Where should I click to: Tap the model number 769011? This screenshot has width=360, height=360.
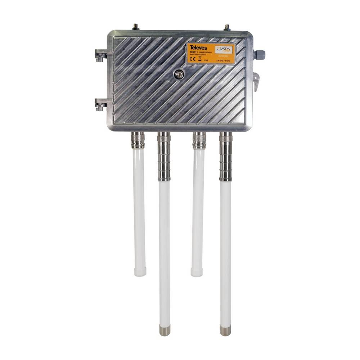(193, 53)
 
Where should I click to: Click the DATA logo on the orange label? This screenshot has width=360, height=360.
(224, 50)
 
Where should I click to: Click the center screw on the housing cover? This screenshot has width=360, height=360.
(178, 75)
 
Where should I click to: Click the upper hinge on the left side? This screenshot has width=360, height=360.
(100, 55)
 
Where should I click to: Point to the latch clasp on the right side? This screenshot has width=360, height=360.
(256, 81)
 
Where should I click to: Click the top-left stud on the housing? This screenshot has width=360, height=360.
(136, 27)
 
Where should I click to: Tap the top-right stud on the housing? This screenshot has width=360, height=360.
(227, 27)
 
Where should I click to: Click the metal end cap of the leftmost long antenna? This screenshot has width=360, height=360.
(165, 330)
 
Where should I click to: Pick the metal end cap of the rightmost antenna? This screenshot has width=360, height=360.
(225, 330)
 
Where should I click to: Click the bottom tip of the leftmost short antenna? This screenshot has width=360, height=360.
(140, 272)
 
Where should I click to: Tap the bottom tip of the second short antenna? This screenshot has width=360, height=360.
(197, 272)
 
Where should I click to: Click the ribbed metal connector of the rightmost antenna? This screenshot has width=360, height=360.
(226, 157)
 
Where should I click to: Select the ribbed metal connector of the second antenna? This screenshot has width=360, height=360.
(164, 157)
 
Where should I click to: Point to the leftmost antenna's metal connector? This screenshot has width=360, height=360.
(138, 140)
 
